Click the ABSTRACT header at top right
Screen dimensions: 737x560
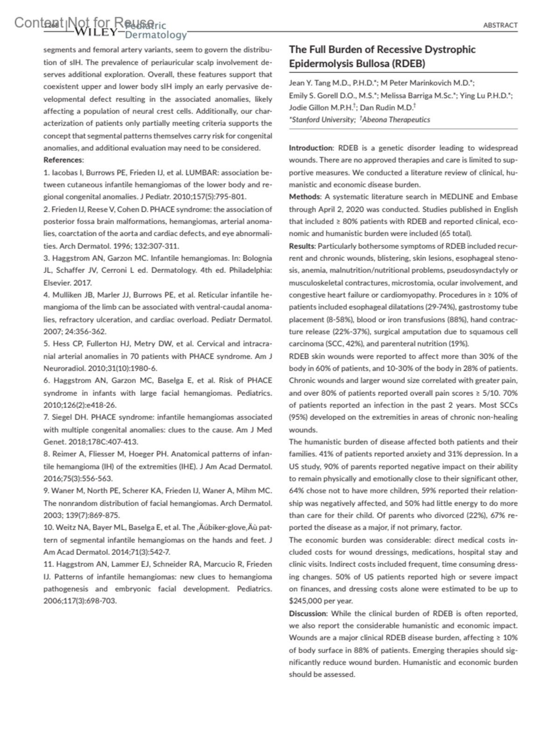point(500,25)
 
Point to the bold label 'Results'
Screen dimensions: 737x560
point(302,246)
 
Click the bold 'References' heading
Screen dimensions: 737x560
point(63,160)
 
